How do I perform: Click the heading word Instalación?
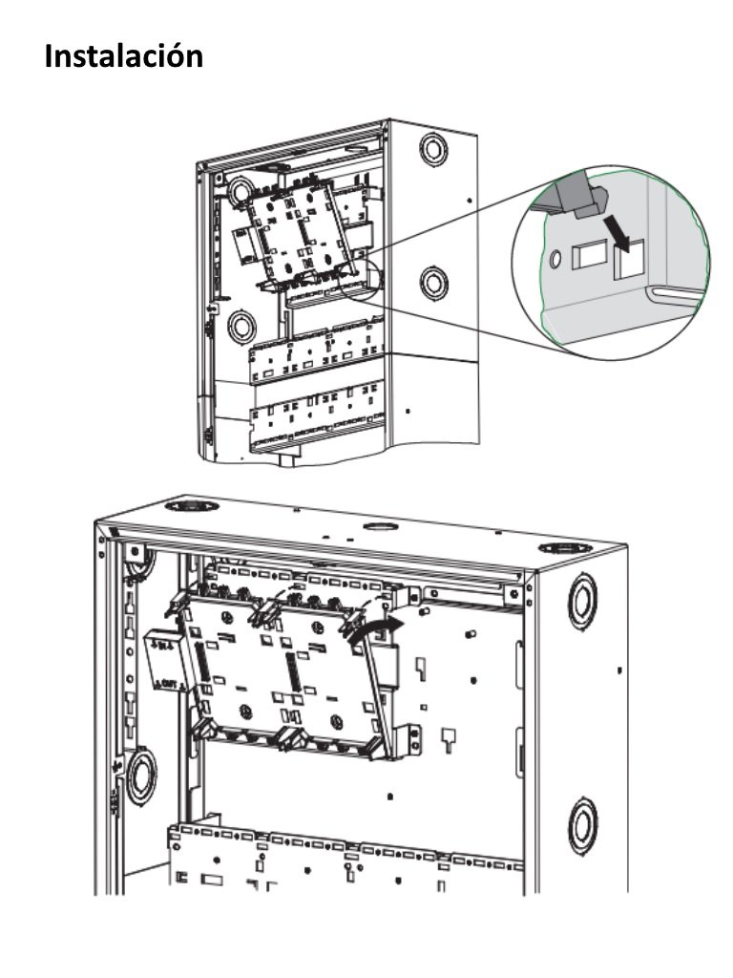tap(124, 55)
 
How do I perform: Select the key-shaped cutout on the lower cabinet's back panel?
tap(447, 736)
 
